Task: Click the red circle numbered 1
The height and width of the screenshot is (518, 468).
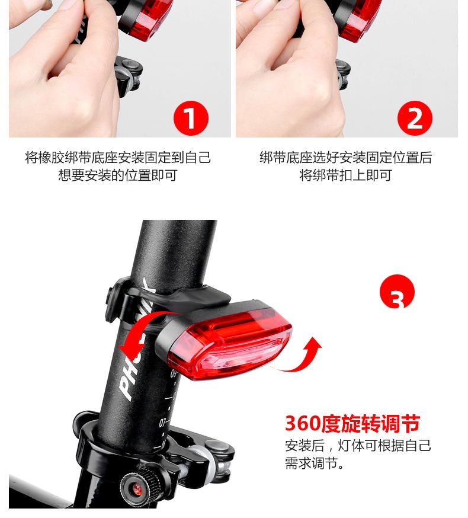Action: pyautogui.click(x=190, y=118)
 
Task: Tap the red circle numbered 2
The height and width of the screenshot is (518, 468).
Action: pyautogui.click(x=415, y=118)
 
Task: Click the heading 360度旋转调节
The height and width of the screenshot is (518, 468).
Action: pyautogui.click(x=352, y=424)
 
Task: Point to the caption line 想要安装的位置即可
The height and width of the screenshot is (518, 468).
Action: pyautogui.click(x=117, y=175)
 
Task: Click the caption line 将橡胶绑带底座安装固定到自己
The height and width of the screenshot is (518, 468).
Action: pyautogui.click(x=117, y=158)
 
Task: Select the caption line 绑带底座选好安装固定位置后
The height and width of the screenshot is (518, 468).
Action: pyautogui.click(x=345, y=158)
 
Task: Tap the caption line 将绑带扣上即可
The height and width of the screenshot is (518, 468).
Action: pyautogui.click(x=345, y=175)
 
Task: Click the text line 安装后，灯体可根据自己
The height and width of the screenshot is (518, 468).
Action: pyautogui.click(x=358, y=446)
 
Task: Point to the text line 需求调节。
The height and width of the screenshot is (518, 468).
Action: pyautogui.click(x=315, y=463)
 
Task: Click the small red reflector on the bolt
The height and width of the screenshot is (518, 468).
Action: pyautogui.click(x=136, y=488)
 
